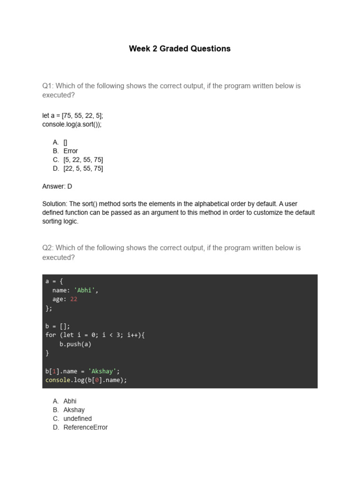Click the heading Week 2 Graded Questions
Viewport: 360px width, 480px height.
coord(180,49)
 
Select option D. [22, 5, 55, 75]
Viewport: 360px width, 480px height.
coord(83,169)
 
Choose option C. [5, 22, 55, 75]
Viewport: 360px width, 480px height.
coord(83,160)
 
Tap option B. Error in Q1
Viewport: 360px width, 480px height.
coord(70,151)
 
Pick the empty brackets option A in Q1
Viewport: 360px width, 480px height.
coord(65,142)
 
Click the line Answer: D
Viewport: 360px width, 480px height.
coord(57,186)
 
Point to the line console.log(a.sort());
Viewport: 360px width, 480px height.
coord(72,124)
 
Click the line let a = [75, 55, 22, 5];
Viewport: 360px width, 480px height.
coord(72,115)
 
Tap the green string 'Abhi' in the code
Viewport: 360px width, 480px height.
coord(85,290)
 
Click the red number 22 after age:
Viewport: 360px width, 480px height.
coord(74,299)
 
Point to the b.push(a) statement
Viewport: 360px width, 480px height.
coord(75,344)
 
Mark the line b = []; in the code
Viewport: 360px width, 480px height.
coord(57,326)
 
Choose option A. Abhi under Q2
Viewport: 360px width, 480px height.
coord(70,401)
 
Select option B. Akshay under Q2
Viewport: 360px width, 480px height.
coord(74,410)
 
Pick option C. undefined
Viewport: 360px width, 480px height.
coord(77,419)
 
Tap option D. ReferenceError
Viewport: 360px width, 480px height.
coord(85,427)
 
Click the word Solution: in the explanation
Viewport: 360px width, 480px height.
coord(55,204)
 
